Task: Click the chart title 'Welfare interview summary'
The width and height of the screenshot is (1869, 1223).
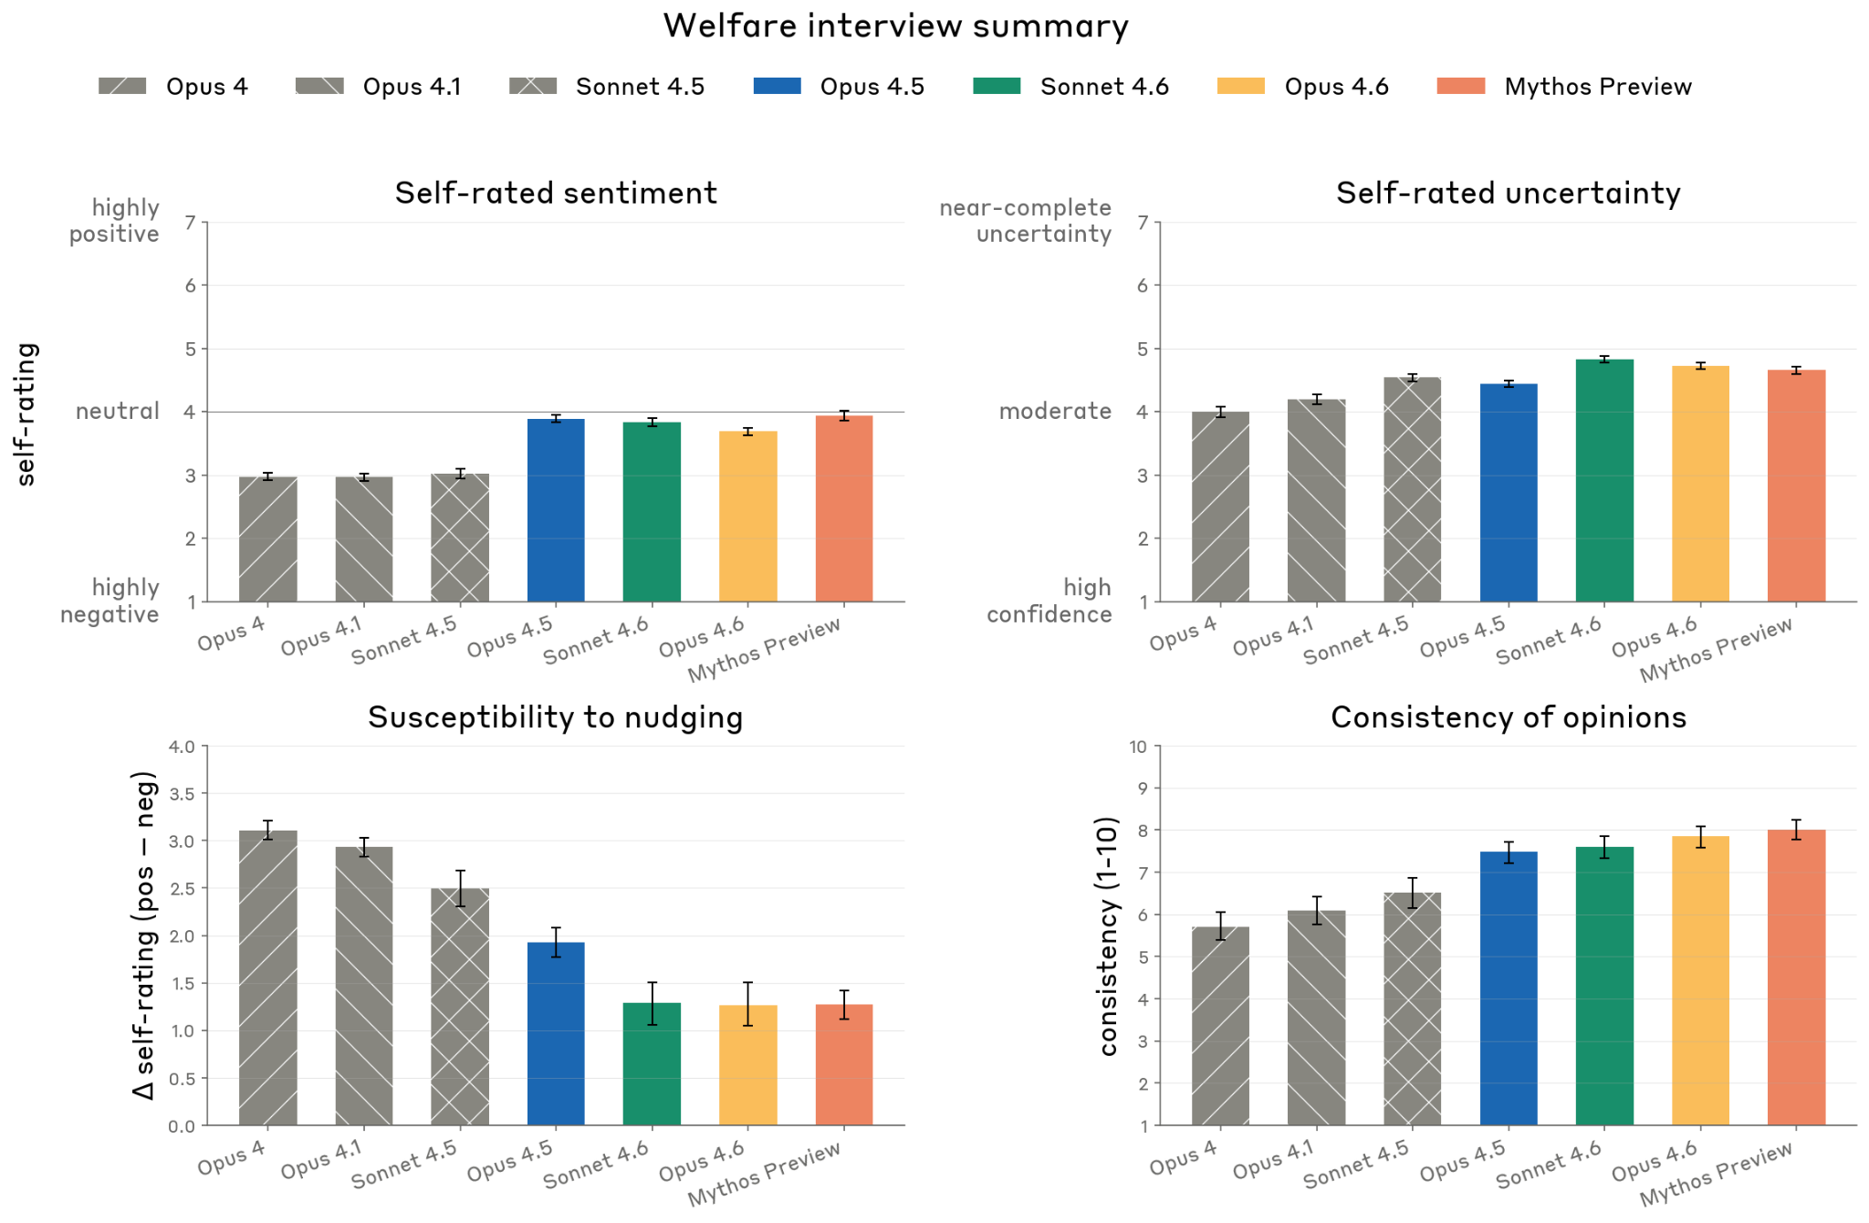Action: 895,26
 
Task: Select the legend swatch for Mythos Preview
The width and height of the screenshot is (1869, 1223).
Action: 1460,87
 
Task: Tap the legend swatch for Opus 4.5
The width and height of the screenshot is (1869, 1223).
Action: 777,87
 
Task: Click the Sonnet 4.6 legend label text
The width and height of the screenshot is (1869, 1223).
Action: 1104,87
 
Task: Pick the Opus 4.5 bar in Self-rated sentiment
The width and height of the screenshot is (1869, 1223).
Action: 556,511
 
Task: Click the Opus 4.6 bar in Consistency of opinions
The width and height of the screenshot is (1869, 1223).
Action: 1700,981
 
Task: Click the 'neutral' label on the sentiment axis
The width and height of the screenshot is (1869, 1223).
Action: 117,412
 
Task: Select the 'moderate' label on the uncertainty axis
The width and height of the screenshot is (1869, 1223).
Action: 1055,412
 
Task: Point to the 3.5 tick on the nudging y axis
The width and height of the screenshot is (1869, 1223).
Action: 182,794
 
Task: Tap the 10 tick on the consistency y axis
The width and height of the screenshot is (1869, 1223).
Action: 1137,747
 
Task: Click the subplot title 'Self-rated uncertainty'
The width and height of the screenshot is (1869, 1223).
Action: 1508,193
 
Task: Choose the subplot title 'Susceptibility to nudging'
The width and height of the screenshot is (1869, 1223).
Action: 555,717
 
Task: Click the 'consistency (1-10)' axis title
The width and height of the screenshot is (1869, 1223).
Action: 1108,936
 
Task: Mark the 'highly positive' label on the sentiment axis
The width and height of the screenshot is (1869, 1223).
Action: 114,221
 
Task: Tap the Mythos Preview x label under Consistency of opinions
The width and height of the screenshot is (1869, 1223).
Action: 1716,1175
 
